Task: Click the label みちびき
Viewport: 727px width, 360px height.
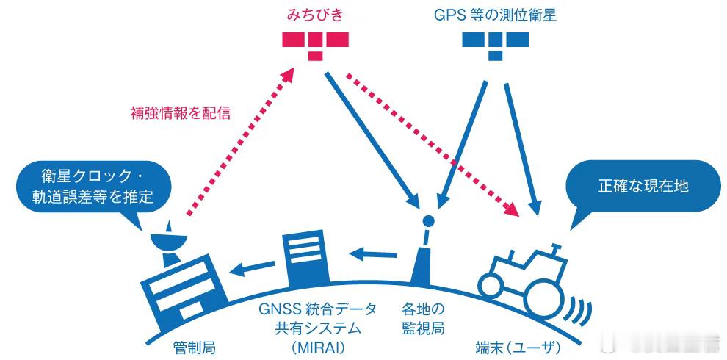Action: coord(315,15)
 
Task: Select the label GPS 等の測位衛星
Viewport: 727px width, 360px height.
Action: coord(494,15)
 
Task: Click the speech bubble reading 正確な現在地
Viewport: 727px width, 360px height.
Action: coord(643,186)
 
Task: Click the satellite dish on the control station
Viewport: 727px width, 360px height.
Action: coord(167,239)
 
